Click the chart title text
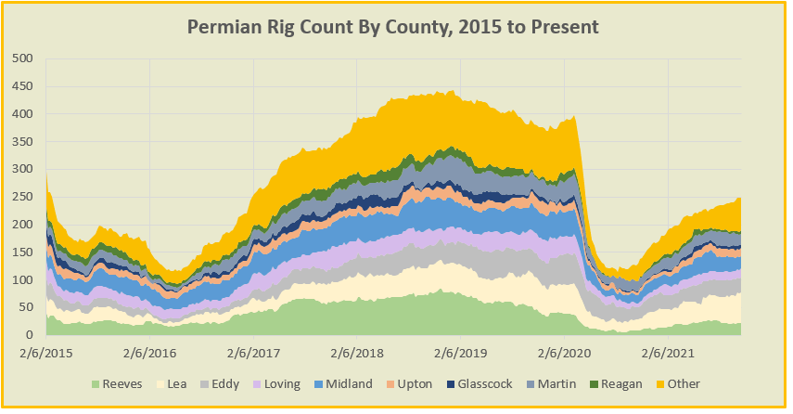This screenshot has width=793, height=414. click(x=393, y=26)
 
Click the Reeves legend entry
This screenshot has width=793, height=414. click(x=122, y=384)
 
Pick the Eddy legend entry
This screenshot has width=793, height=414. click(x=243, y=384)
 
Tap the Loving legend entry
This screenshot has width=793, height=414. click(x=308, y=384)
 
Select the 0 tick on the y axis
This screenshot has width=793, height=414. click(x=29, y=335)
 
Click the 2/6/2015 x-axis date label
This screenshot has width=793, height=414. click(x=46, y=354)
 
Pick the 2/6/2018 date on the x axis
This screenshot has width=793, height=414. click(x=354, y=354)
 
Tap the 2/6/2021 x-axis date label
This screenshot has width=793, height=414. click(x=663, y=354)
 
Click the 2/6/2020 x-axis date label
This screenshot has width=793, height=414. click(x=560, y=354)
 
